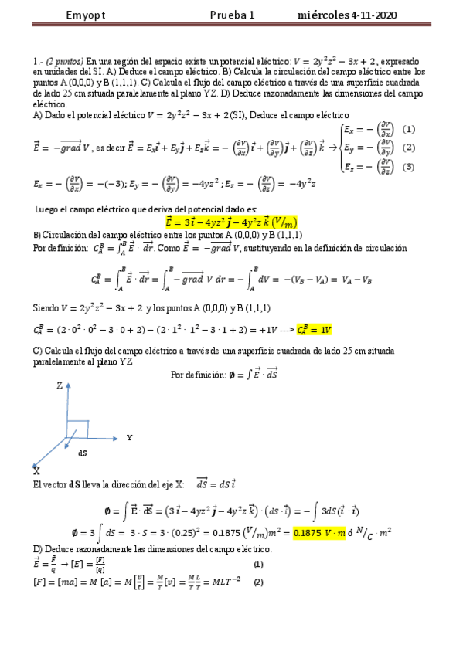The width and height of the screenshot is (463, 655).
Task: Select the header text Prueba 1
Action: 231,16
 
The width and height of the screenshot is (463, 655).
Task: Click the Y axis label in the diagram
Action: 128,437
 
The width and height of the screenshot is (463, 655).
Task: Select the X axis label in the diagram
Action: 37,469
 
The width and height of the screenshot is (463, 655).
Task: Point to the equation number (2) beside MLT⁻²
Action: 257,582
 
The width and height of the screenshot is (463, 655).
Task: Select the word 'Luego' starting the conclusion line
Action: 48,209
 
